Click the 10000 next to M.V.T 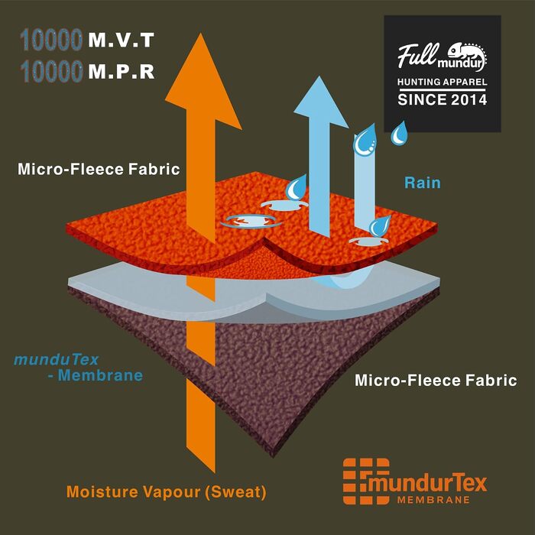pos(51,40)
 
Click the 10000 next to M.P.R pos(51,72)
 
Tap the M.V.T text pos(121,41)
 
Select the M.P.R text pos(121,72)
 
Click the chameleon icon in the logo pos(468,57)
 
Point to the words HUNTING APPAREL pos(443,82)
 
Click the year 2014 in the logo pos(469,99)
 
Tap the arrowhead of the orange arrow pos(203,81)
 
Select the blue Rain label pos(423,183)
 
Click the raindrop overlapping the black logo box pos(399,133)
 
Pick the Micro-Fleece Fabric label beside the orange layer pos(99,169)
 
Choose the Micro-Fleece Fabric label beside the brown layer pos(436,380)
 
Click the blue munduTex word pos(57,360)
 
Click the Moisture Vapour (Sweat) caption pos(166,492)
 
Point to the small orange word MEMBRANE pos(433,500)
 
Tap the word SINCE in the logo pos(422,99)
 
